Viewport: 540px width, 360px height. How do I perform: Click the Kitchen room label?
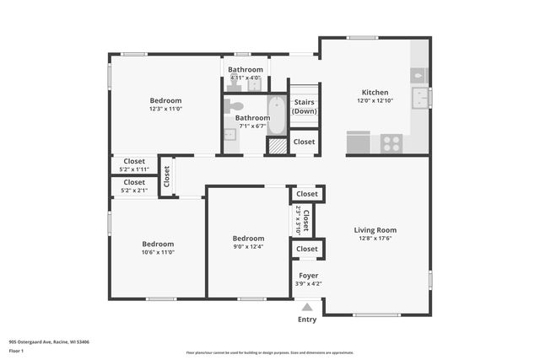375,93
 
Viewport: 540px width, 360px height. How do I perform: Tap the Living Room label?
375,229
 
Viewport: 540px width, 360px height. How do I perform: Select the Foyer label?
308,276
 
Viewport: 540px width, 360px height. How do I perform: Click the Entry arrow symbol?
307,307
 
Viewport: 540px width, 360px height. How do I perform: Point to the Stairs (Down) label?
304,107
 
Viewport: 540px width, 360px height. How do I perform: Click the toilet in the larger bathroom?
234,106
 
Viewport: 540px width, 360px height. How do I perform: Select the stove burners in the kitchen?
391,143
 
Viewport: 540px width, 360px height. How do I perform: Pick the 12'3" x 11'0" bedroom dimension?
165,109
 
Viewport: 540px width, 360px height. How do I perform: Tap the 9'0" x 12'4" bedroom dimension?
248,246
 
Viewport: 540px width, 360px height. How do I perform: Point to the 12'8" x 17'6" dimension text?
375,238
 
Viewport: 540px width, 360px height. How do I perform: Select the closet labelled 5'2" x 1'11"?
134,169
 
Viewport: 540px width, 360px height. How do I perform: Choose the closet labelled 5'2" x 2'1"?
134,190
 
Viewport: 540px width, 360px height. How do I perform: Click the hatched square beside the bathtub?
277,145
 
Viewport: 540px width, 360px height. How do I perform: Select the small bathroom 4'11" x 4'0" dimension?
246,78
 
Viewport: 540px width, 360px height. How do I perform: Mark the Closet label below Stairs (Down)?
304,142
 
